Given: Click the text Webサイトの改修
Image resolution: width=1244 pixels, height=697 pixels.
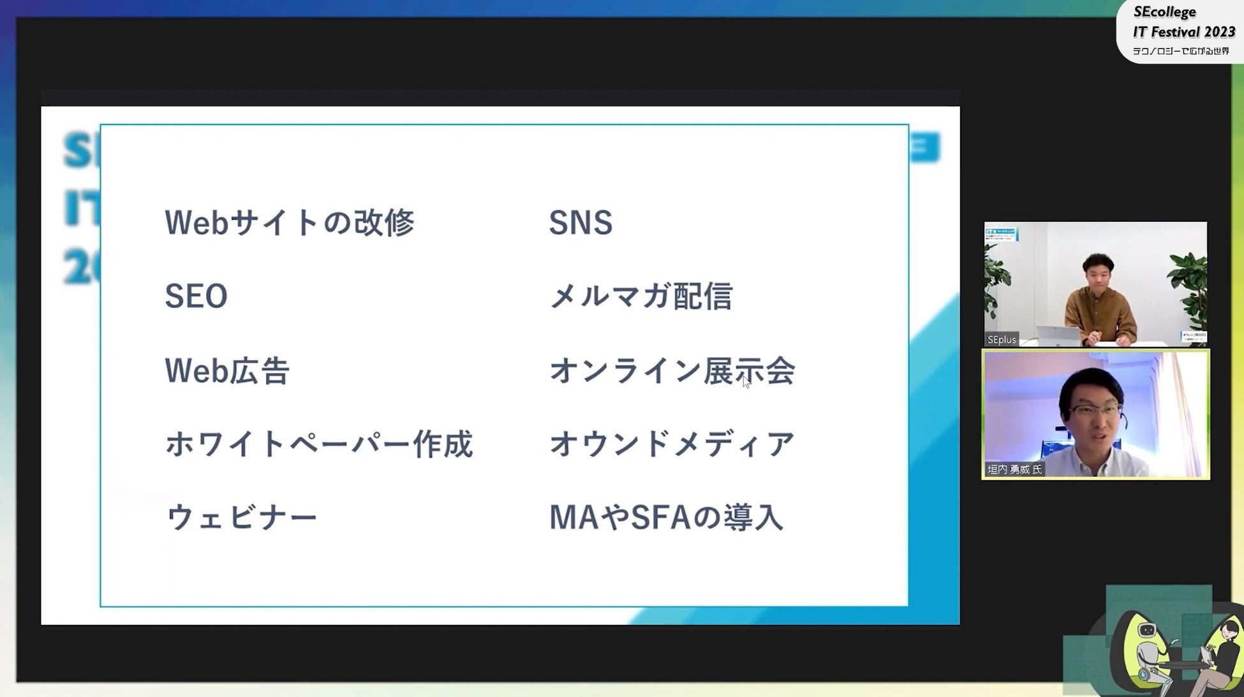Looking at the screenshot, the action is (x=290, y=223).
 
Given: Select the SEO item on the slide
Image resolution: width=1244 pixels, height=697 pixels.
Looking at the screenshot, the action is (x=196, y=297).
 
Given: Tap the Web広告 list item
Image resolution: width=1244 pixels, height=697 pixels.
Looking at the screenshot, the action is (x=227, y=371).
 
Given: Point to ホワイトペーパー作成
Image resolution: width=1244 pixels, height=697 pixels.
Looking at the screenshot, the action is (x=319, y=444).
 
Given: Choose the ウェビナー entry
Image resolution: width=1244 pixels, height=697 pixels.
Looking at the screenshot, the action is (x=241, y=517).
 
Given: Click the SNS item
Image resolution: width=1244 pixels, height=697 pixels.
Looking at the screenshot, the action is (x=581, y=223).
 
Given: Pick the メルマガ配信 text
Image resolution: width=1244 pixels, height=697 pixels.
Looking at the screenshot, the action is (x=641, y=297).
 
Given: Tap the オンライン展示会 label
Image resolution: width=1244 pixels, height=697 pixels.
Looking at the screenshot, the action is (x=672, y=371).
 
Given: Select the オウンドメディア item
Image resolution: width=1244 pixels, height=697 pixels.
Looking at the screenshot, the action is (x=672, y=444).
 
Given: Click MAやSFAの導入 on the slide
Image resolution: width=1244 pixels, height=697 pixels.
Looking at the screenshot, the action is (x=666, y=517).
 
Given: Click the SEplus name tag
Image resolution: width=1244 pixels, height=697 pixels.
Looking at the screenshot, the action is (x=1002, y=340).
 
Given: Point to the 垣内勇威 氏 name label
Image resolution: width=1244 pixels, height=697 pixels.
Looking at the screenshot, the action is (x=1014, y=470).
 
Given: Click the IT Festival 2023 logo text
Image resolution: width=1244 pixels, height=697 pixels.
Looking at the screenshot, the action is (x=1183, y=32).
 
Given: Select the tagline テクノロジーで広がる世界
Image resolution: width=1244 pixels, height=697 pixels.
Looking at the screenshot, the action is (x=1181, y=51).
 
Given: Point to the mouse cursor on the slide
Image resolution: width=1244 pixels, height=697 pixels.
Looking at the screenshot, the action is (x=746, y=381).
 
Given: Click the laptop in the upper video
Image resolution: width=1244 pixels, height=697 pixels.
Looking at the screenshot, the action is (x=1056, y=335).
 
